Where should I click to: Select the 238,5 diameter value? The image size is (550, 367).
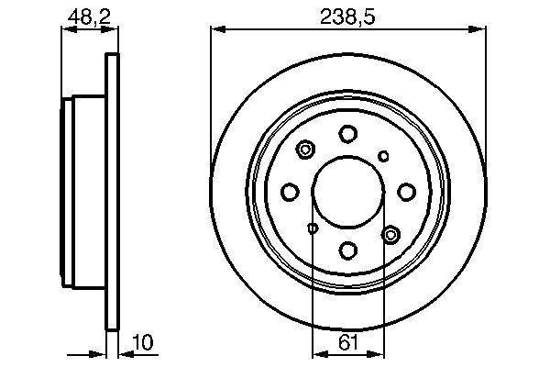pyautogui.click(x=348, y=14)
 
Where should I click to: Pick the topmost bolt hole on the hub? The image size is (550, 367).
pyautogui.click(x=347, y=134)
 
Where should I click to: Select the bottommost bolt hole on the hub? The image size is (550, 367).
pyautogui.click(x=347, y=249)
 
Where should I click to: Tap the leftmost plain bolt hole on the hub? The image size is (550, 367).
pyautogui.click(x=291, y=191)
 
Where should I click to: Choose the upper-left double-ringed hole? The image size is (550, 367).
pyautogui.click(x=306, y=148)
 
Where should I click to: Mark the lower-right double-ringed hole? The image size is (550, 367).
pyautogui.click(x=390, y=236)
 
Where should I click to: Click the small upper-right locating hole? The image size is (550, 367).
pyautogui.click(x=384, y=155)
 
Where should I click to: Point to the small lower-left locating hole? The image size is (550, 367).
pyautogui.click(x=313, y=228)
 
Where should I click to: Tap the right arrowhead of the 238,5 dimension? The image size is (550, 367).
pyautogui.click(x=480, y=29)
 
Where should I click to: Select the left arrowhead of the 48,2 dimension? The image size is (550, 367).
pyautogui.click(x=66, y=29)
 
